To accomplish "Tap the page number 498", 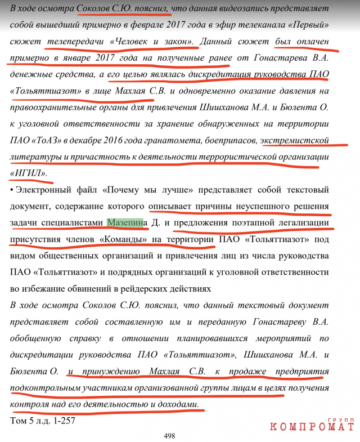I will [x=170, y=435].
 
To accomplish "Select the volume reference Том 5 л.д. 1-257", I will [x=42, y=419].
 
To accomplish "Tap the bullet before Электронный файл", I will [x=12, y=190].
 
